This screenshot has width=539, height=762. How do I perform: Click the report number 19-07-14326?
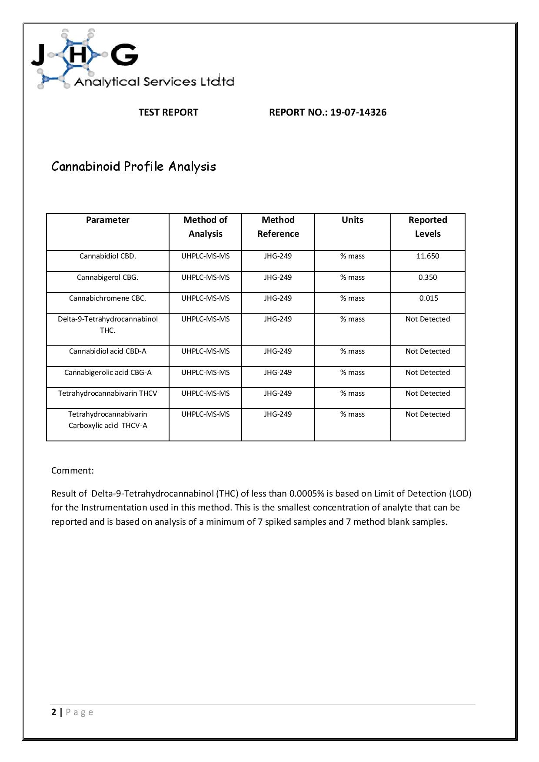358,112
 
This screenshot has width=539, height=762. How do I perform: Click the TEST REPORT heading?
168,112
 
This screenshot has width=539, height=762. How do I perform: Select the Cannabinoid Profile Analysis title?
133,166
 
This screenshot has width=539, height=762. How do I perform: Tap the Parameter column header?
107,220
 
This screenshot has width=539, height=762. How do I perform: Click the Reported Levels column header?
428,227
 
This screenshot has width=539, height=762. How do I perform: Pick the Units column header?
352,220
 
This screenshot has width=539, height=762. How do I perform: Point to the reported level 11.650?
428,256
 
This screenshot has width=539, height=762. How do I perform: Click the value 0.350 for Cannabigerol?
428,277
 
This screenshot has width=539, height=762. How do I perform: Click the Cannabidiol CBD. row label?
107,256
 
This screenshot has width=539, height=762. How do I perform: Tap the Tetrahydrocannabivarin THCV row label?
107,393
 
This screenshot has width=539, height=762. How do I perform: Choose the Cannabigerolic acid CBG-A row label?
107,372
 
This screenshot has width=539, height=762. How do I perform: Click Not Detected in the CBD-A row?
428,351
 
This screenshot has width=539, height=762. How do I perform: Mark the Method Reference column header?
278,227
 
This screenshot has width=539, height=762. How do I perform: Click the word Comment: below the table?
72,470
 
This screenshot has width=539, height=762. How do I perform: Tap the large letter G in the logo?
124,55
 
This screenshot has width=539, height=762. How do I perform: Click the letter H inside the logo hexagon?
78,55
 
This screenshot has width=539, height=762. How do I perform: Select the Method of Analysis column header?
205,227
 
